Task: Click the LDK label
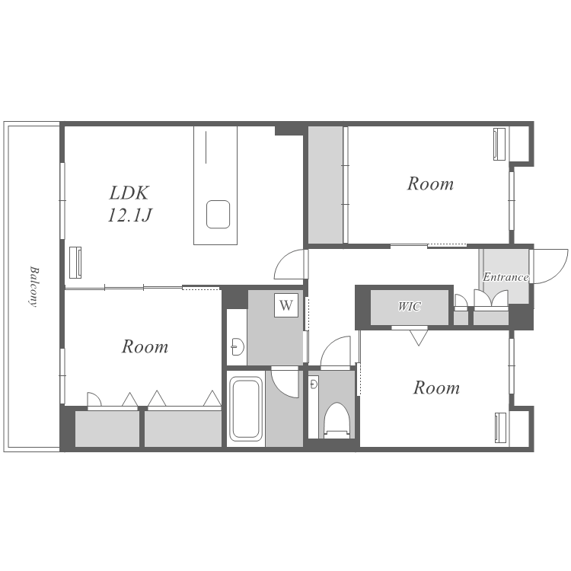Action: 129,193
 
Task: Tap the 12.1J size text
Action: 129,215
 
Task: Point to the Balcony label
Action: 33,287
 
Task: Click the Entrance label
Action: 506,277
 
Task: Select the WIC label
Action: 410,307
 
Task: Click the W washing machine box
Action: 286,305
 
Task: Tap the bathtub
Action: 246,409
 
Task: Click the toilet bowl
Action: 337,420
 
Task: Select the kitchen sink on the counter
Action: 218,215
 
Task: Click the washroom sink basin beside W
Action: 238,346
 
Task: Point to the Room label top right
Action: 430,183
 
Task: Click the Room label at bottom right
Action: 436,388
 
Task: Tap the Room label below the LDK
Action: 145,346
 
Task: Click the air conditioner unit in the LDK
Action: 75,263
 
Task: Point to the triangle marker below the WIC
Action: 419,337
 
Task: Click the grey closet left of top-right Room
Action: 326,185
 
